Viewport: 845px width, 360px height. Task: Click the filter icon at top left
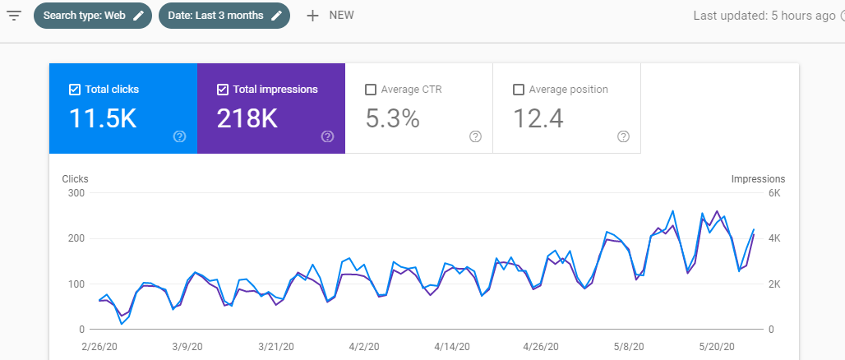[14, 16]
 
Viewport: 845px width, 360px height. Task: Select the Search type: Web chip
[92, 16]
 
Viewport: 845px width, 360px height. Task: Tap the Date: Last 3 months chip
[224, 16]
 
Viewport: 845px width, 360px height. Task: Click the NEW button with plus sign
[330, 16]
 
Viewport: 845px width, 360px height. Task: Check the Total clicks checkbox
[75, 89]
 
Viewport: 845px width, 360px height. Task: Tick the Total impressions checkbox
[223, 89]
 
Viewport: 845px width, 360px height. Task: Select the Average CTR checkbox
[371, 89]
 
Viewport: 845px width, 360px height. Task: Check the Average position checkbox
[519, 89]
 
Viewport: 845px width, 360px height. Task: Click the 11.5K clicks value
[103, 119]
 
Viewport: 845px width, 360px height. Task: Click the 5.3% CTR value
[392, 119]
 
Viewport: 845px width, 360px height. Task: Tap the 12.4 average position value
[538, 119]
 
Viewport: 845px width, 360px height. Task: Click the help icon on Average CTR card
[475, 136]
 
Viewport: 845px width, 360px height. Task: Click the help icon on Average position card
[623, 136]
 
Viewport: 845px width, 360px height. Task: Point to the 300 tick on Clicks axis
[76, 193]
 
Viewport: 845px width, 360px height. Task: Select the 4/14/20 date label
[451, 348]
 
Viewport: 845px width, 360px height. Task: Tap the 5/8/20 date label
[630, 348]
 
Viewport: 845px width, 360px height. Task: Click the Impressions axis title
[758, 179]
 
